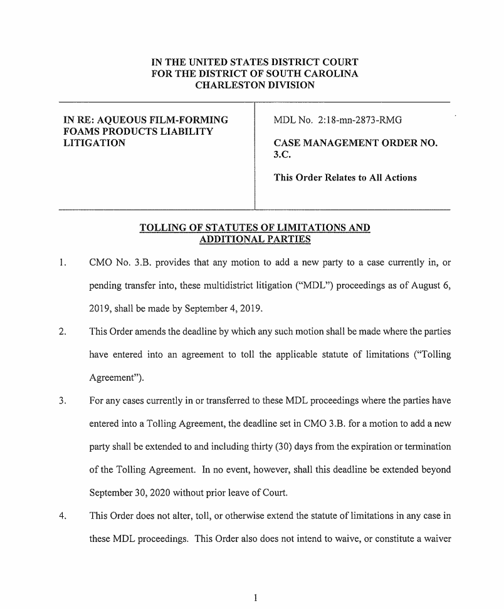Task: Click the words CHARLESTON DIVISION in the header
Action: [x=255, y=85]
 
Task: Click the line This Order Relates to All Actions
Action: [x=345, y=178]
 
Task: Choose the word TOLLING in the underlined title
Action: [x=162, y=227]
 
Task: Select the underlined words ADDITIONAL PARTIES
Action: [x=255, y=239]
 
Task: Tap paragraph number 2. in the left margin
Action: [x=62, y=331]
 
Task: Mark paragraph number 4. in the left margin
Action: [x=62, y=516]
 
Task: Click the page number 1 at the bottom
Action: [x=255, y=597]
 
